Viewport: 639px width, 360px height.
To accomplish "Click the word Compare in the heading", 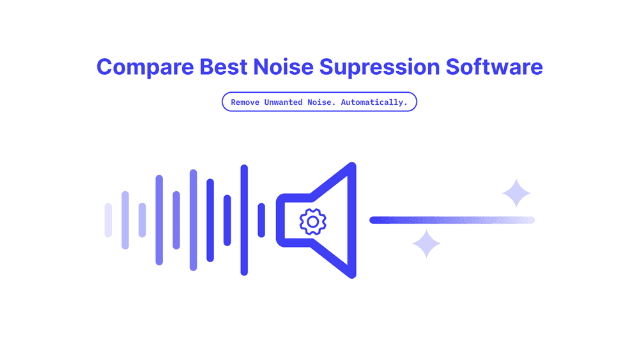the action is tap(145, 67).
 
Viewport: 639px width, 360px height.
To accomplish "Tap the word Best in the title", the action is tap(223, 67).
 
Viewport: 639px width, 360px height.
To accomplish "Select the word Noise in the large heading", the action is tap(283, 67).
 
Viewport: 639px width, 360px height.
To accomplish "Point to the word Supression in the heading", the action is tap(380, 67).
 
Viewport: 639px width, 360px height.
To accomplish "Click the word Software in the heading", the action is tap(494, 67).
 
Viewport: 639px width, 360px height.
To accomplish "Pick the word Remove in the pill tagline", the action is tap(245, 102).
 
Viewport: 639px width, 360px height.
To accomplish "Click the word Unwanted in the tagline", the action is tap(283, 102).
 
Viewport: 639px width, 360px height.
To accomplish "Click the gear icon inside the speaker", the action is tap(312, 222).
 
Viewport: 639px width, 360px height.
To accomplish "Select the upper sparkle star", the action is tap(516, 193).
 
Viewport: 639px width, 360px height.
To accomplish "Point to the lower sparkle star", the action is tap(426, 244).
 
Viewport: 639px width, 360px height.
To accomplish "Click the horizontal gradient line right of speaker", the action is tap(452, 220).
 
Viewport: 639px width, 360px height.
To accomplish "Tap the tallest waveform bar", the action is tap(244, 220).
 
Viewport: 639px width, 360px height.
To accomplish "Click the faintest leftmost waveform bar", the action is tap(108, 220).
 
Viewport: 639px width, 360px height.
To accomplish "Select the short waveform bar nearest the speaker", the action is tap(261, 220).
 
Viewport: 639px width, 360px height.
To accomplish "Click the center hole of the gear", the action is tap(312, 222).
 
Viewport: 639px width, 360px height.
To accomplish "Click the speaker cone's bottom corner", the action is tap(353, 275).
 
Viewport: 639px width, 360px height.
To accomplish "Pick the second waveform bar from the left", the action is tap(125, 220).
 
